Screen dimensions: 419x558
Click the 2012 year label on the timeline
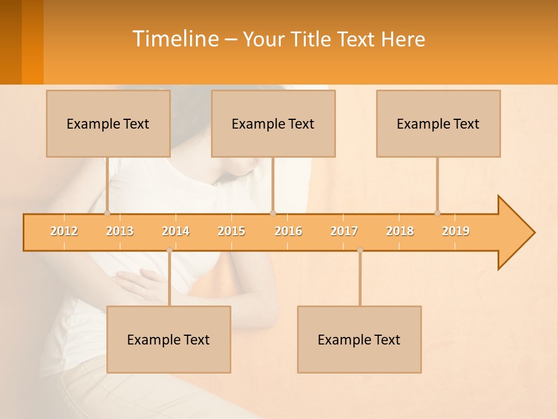pos(64,231)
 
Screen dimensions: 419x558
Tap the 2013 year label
pos(120,231)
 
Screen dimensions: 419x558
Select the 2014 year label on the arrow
pos(176,231)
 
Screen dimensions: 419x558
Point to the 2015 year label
pos(231,231)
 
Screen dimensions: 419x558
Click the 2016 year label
pos(288,231)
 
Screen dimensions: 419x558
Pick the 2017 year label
pos(344,231)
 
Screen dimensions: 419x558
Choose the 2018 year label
pos(400,231)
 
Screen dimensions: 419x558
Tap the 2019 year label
pos(456,231)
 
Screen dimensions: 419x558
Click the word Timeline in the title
pos(174,39)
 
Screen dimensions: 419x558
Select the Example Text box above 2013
pos(108,123)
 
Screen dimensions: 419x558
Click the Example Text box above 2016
pos(273,123)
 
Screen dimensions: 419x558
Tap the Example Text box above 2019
pos(438,123)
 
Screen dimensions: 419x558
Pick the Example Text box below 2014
pos(169,339)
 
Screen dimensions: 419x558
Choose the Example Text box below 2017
pos(359,339)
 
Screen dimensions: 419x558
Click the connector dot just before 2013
pos(107,214)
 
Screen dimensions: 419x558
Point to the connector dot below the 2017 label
pos(360,250)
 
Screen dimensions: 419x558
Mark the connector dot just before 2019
pos(437,214)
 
